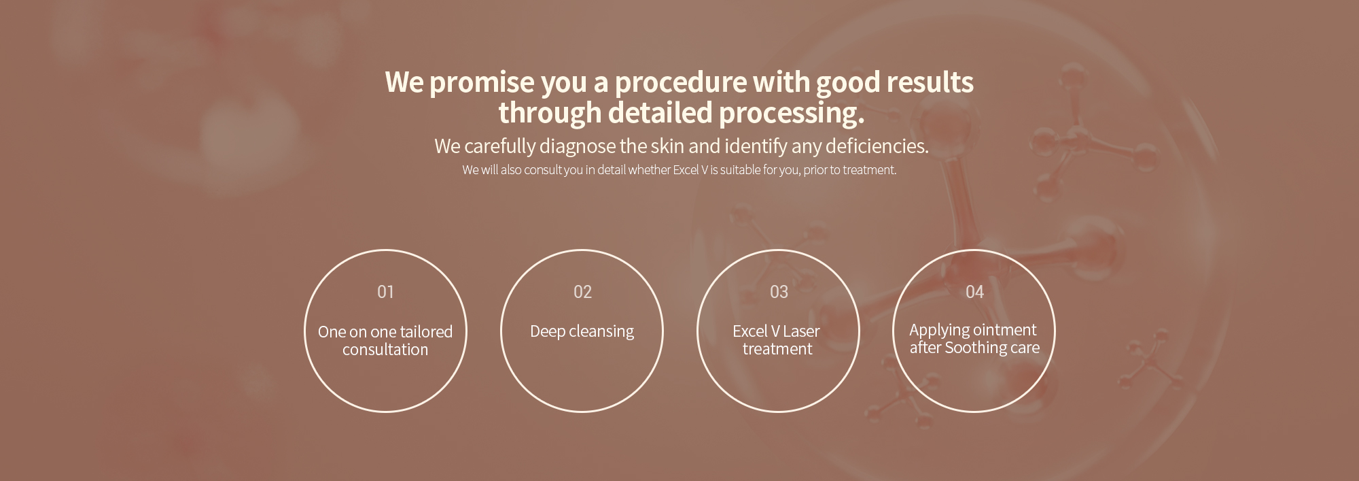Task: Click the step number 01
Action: coord(385,292)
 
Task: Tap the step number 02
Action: coord(582,292)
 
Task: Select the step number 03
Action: coord(779,292)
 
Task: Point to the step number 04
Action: coord(974,292)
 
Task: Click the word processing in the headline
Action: coord(792,114)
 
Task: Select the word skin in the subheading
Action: coord(667,146)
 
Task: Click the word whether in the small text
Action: coord(650,170)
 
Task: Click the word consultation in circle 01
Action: coord(385,350)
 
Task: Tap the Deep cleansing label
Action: coord(582,332)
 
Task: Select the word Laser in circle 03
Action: coord(801,331)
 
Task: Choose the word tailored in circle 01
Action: coord(426,332)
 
